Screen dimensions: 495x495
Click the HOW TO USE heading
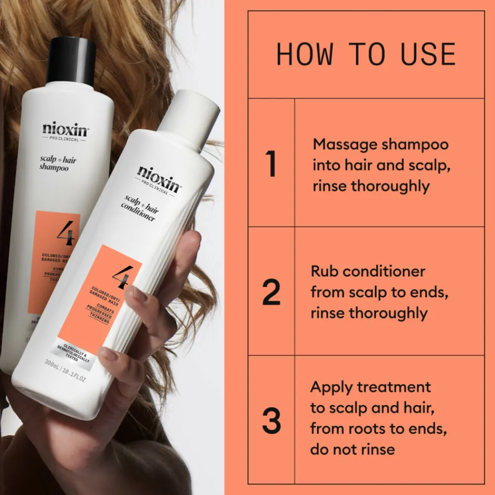366,54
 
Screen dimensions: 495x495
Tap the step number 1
271,165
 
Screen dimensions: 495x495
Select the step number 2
271,293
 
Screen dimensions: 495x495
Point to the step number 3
271,421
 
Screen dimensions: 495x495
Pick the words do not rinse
352,449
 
